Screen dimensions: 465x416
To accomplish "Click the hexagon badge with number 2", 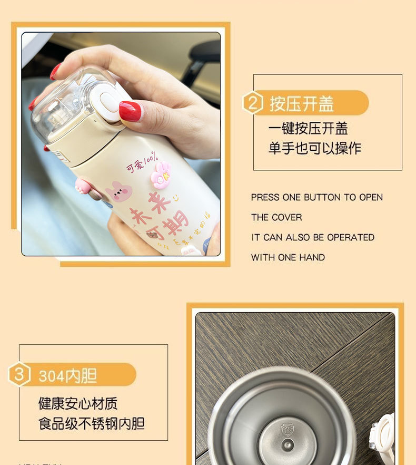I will click(253, 103).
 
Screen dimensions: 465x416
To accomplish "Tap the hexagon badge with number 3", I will click(19, 375).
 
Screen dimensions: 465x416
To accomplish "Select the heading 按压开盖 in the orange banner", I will click(302, 103).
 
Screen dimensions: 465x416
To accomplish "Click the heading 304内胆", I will click(67, 375).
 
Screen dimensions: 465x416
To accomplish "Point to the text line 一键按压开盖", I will click(308, 129).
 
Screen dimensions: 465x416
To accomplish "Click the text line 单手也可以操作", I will click(315, 148).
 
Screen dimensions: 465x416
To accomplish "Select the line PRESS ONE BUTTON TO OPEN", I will click(316, 197).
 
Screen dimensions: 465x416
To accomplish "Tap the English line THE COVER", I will click(276, 217).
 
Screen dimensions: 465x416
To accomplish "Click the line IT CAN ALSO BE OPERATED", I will click(313, 237).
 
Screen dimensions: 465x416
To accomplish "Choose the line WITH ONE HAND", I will click(288, 257).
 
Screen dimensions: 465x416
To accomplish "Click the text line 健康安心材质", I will click(78, 404).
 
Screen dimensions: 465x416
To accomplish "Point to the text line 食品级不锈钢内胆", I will click(92, 423).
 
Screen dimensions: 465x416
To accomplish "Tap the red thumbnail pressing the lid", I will click(130, 111).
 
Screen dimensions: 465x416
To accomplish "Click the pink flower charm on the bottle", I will click(160, 175).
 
